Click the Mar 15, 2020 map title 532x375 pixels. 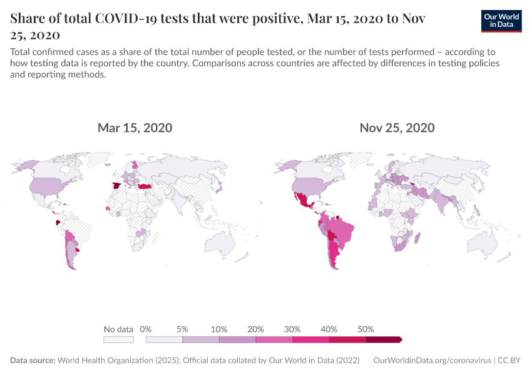click(x=135, y=128)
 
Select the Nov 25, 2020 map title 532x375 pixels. click(x=397, y=128)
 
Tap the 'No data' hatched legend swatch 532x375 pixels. click(x=119, y=339)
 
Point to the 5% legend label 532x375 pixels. click(x=183, y=329)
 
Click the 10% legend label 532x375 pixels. click(x=219, y=329)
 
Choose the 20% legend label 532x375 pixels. click(x=256, y=329)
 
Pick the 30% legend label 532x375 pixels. click(x=292, y=329)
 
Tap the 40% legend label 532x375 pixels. click(x=329, y=329)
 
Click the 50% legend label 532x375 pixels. click(x=366, y=329)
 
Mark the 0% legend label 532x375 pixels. click(x=146, y=329)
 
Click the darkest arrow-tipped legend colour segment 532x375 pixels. click(x=383, y=339)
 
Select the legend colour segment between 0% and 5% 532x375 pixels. click(x=164, y=339)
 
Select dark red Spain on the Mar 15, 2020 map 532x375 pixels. click(x=116, y=185)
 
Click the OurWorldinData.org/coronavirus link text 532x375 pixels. click(x=431, y=361)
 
